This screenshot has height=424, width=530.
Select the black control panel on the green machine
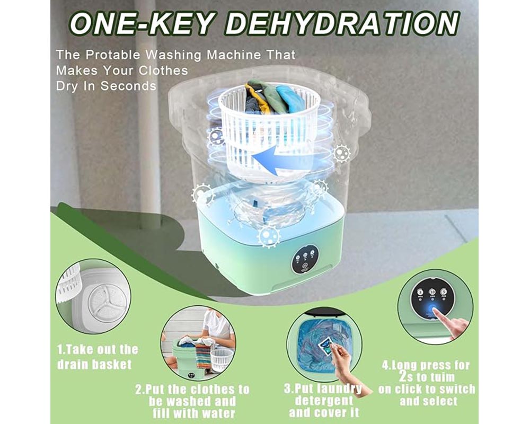pos(304,259)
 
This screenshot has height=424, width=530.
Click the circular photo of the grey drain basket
pos(93,296)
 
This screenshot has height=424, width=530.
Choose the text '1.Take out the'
pos(98,349)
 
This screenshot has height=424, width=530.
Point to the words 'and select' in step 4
pos(425,402)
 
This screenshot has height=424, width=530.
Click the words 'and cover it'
pos(324,413)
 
